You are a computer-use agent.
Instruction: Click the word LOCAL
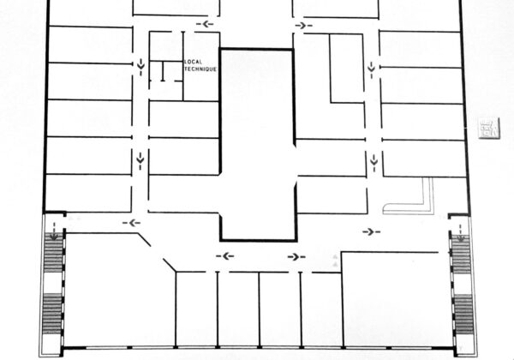tap(193, 62)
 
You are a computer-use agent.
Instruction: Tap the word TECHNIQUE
tap(200, 69)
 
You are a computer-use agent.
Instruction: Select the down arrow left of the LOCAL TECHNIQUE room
tap(141, 67)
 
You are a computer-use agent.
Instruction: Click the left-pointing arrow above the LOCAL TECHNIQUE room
tap(205, 24)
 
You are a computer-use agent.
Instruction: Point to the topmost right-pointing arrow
tap(303, 25)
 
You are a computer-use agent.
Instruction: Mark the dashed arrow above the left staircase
tap(54, 231)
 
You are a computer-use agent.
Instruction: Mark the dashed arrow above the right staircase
tap(461, 233)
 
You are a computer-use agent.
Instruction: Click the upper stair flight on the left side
tap(53, 253)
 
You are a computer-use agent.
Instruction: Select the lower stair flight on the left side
tap(52, 314)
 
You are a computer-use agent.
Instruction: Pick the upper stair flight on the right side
tap(461, 255)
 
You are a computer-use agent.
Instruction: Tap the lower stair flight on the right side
tap(463, 315)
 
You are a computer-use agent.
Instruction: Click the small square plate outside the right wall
tap(489, 128)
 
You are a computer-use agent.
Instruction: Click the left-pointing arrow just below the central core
tap(225, 256)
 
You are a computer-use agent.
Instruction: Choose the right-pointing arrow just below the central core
tap(296, 257)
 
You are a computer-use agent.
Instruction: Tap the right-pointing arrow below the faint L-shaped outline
tap(372, 231)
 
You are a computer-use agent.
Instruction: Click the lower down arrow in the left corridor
tap(140, 160)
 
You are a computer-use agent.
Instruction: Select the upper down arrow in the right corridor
tap(372, 69)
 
